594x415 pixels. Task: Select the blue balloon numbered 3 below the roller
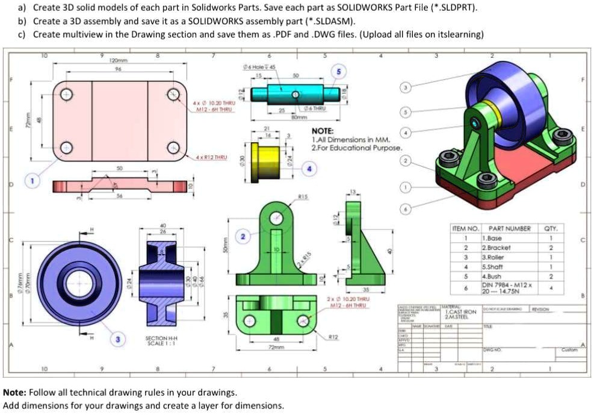(118, 340)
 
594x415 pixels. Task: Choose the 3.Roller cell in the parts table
(493, 257)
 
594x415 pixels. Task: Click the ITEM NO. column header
(465, 229)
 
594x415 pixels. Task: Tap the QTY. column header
(550, 229)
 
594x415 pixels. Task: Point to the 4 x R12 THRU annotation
(211, 158)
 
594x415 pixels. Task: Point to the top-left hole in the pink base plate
(67, 94)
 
